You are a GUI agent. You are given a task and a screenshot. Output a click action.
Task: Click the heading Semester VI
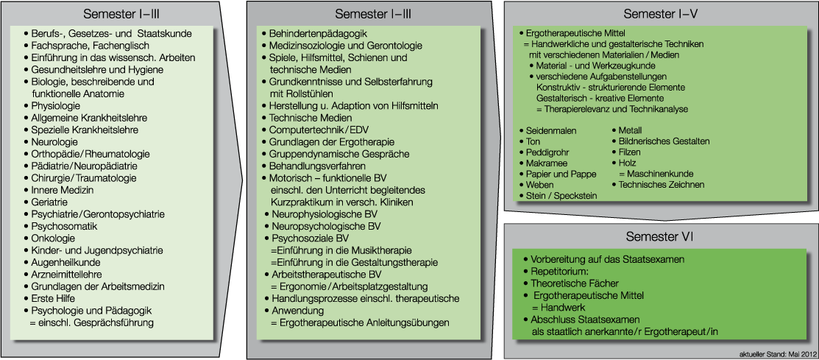[x=660, y=237]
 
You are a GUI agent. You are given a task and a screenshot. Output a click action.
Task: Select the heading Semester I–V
[x=660, y=13]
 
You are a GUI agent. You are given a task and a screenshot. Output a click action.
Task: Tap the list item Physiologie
[x=56, y=106]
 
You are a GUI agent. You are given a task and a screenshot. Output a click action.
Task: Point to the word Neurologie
[x=54, y=142]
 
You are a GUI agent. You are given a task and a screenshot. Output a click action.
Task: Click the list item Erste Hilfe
[x=53, y=298]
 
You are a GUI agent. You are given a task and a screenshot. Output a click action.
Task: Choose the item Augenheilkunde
[x=65, y=262]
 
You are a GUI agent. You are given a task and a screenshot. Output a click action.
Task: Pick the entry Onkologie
[x=53, y=239]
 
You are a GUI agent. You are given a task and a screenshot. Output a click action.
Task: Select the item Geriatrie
[x=49, y=202]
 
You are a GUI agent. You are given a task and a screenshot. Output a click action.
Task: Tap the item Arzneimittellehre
[x=65, y=275]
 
